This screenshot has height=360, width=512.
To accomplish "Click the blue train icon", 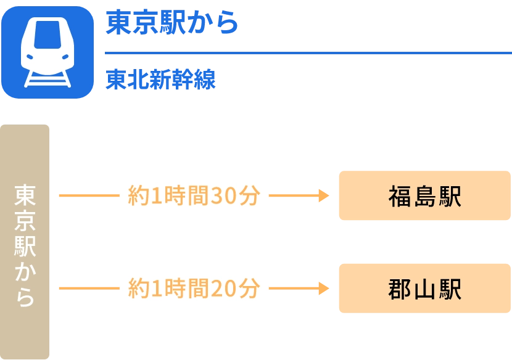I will [x=47, y=52].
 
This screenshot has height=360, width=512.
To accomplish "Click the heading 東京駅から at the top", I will [x=172, y=22].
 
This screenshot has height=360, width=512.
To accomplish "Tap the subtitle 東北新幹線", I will [x=160, y=81].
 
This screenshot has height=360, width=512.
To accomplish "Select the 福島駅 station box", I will [x=424, y=195].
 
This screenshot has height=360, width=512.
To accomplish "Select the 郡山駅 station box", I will [x=424, y=288].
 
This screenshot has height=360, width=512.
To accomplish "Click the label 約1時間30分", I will [x=194, y=195].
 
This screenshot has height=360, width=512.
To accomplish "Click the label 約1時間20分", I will [x=194, y=288].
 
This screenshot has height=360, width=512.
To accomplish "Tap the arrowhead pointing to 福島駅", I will [x=323, y=195].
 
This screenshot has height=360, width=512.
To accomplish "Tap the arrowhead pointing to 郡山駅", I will [x=323, y=288].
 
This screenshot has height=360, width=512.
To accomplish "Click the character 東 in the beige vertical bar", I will [x=25, y=195].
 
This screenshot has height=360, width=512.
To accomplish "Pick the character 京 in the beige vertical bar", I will [x=25, y=221].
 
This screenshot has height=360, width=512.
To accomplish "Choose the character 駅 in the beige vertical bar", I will [x=25, y=246].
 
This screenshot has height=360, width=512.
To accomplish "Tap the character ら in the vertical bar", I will [x=25, y=297].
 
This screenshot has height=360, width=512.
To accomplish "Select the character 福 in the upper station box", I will [x=400, y=196].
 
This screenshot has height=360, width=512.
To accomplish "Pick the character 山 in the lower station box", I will [x=425, y=288].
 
